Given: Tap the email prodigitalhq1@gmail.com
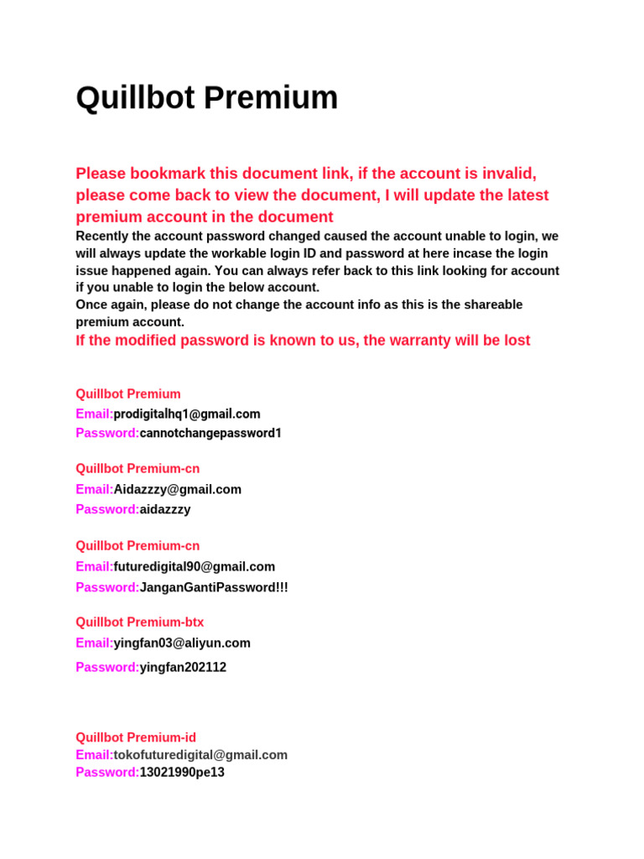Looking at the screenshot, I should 187,414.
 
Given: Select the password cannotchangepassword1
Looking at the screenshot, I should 210,433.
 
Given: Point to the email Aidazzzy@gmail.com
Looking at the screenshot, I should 178,489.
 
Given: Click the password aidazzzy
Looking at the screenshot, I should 165,509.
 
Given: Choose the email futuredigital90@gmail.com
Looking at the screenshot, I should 195,566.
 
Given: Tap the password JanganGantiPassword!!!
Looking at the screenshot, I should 214,587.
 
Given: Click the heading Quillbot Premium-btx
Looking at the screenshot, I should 139,622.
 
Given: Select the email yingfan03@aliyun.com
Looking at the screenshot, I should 182,643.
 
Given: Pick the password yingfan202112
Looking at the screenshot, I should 183,667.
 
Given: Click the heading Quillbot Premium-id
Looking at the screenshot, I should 136,737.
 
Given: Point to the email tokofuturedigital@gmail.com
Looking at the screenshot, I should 200,755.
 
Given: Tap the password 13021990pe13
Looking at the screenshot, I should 182,772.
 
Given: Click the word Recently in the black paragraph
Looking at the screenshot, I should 103,237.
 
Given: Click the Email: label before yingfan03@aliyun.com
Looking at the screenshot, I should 94,643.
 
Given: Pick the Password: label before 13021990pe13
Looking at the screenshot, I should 107,772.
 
